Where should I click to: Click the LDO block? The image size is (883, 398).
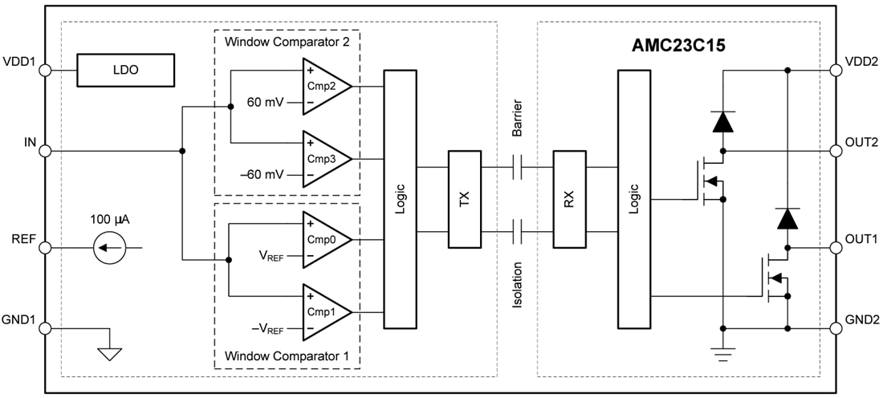coord(126,70)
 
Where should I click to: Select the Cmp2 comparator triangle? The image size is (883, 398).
coord(323,86)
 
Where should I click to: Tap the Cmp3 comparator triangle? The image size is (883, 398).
coord(323,158)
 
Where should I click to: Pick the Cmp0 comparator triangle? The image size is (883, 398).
coord(323,240)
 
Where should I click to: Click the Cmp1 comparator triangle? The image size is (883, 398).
coord(323,311)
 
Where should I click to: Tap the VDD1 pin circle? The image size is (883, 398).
coord(45,70)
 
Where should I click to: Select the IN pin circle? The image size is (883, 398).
coord(45,151)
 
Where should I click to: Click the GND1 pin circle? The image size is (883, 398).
coord(45,327)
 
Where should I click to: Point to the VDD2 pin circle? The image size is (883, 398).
coord(836,70)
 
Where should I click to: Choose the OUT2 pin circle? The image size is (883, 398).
coord(836,150)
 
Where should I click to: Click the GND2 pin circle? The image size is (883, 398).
coord(836,327)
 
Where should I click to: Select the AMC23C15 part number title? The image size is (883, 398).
coord(678,46)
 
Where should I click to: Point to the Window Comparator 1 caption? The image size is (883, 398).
coord(286,355)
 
